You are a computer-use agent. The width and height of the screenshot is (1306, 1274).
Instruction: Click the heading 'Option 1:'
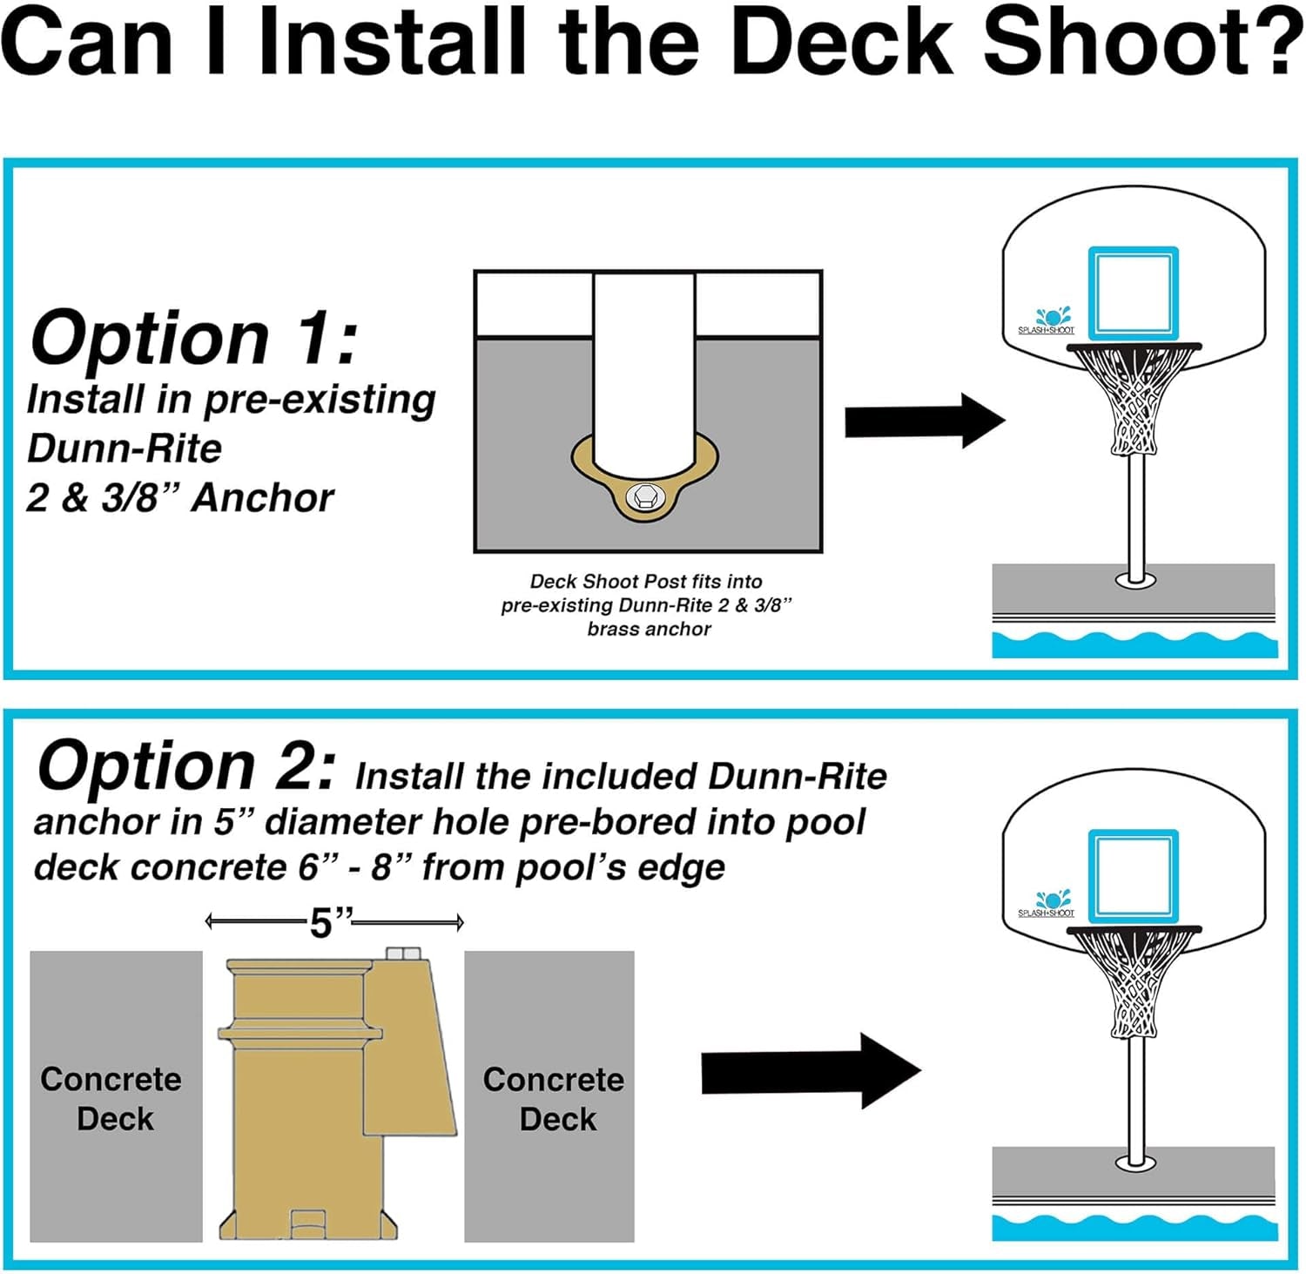pos(193,338)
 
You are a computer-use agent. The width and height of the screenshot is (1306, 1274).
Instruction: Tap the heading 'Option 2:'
pos(185,766)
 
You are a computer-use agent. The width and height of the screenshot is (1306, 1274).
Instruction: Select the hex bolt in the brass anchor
pos(644,497)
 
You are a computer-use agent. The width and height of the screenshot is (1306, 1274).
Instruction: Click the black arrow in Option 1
pos(923,421)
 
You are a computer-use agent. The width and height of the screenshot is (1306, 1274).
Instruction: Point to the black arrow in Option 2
pos(809,1071)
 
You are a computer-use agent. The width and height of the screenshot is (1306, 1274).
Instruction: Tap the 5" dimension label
pos(332,922)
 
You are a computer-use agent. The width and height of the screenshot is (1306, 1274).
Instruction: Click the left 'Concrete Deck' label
pos(112,1098)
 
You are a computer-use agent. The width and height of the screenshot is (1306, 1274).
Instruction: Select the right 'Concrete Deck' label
pos(555,1098)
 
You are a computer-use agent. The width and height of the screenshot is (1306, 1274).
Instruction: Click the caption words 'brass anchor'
pos(649,629)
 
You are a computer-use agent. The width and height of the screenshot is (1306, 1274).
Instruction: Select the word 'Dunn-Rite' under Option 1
pos(125,448)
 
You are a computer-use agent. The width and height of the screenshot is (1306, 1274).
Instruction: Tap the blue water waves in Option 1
pos(1134,644)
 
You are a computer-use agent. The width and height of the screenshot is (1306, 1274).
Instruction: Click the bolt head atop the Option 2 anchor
pos(402,954)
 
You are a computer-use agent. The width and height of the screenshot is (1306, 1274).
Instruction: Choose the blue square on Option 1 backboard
pos(1133,293)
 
